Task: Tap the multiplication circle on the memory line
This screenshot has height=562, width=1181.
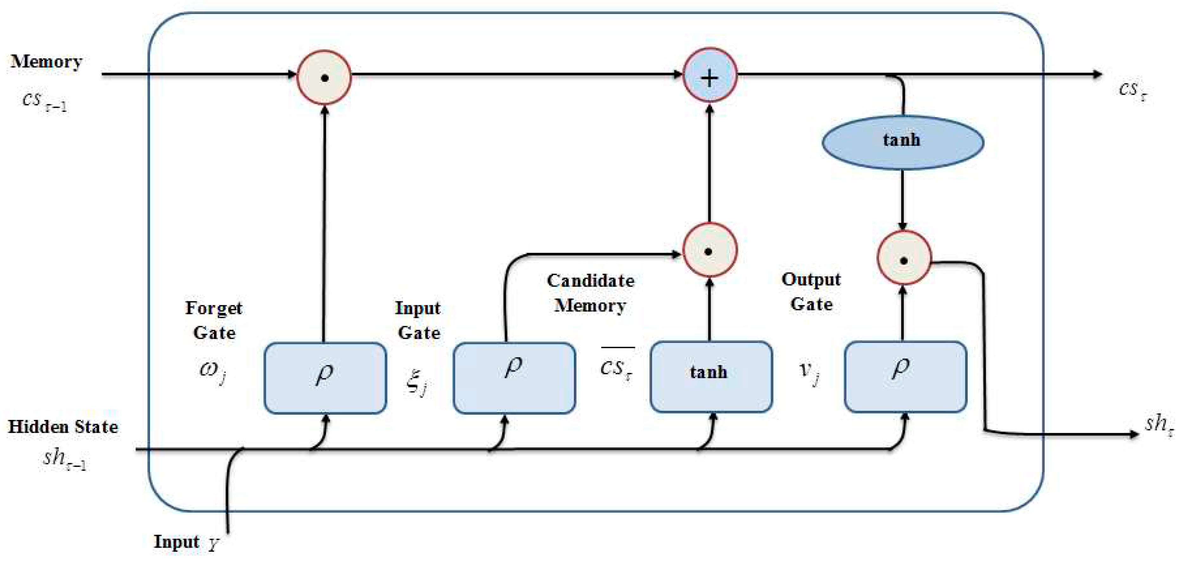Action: [x=324, y=77]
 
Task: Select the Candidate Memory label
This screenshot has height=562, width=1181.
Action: [x=591, y=293]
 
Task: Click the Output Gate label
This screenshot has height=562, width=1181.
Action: [x=811, y=291]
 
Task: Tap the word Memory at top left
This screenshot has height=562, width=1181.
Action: [x=46, y=62]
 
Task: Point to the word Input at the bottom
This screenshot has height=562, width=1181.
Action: [x=177, y=541]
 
